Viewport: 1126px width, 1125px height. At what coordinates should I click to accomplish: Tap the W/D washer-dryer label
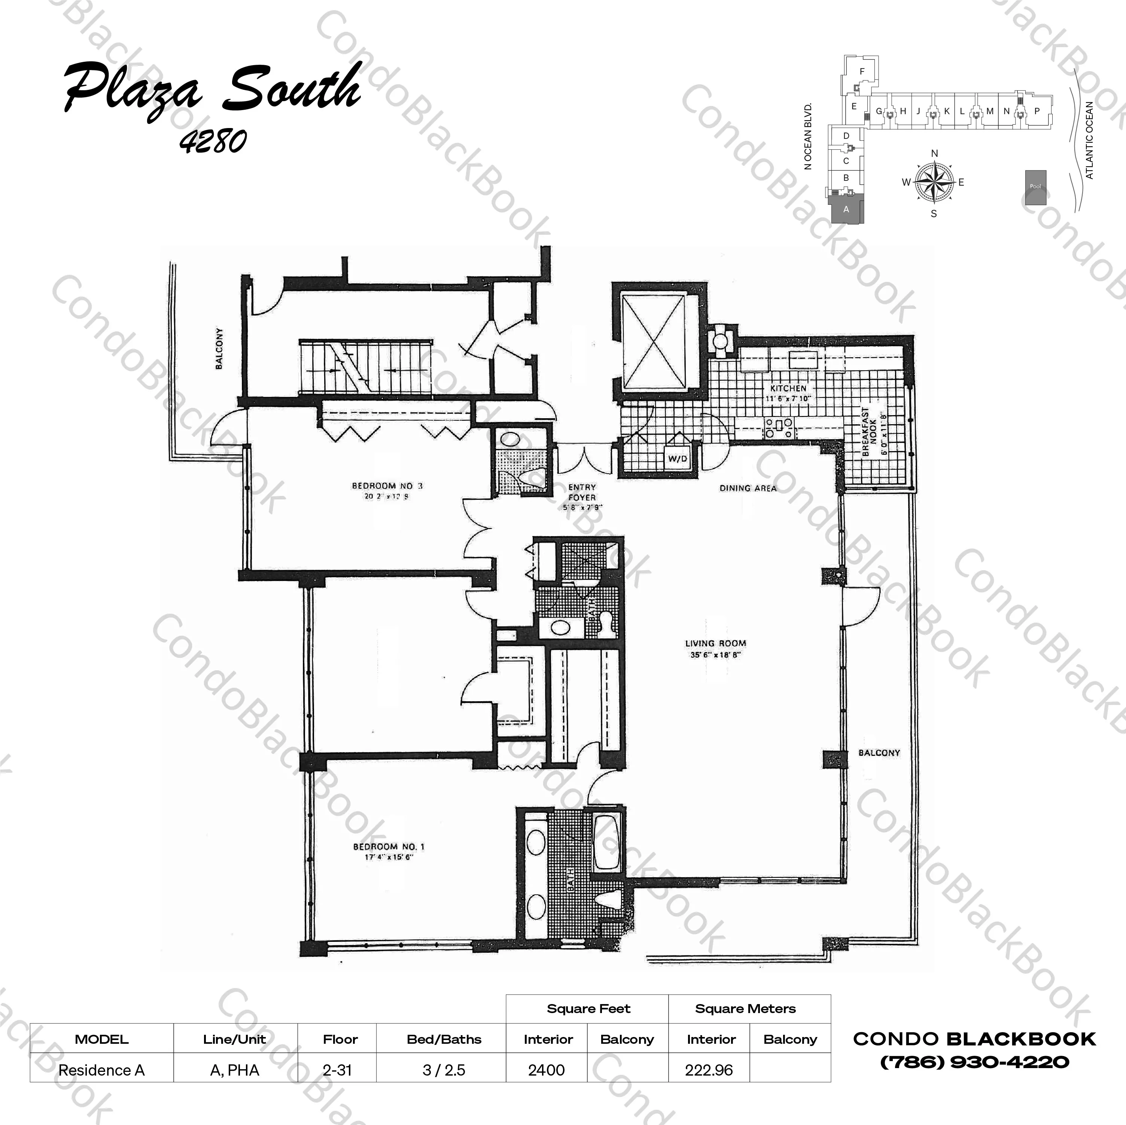click(x=677, y=459)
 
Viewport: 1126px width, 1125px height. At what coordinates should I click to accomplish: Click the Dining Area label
click(x=748, y=488)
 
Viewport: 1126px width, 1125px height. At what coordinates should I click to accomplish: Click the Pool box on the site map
click(x=1035, y=186)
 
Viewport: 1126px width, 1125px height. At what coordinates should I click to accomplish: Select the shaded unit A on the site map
click(x=846, y=209)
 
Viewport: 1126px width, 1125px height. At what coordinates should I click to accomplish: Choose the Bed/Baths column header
click(x=444, y=1039)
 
